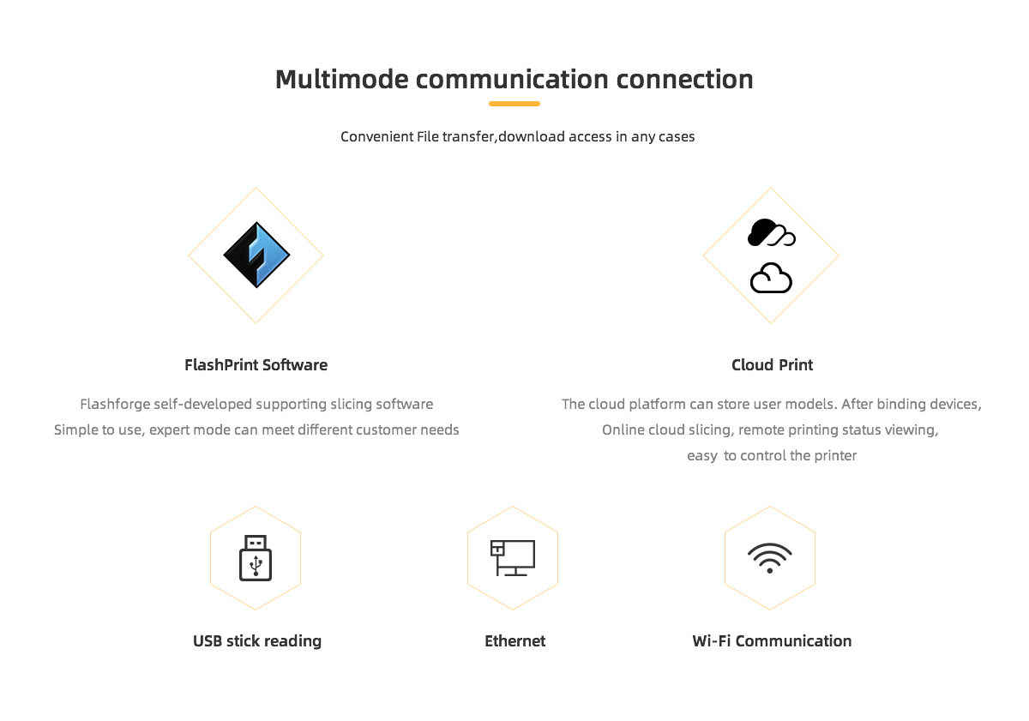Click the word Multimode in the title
pos(342,79)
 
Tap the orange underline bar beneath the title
pos(514,104)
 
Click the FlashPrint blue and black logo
pos(256,255)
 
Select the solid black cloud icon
pos(771,232)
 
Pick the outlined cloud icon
pos(771,278)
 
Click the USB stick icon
pos(256,558)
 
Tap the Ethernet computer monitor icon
pos(513,558)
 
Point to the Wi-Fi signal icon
pos(770,558)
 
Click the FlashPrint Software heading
pos(256,365)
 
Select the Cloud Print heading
pos(773,365)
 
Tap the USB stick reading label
pos(257,641)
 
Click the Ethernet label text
pos(515,641)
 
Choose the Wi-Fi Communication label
pos(772,641)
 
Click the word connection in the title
pos(684,79)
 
